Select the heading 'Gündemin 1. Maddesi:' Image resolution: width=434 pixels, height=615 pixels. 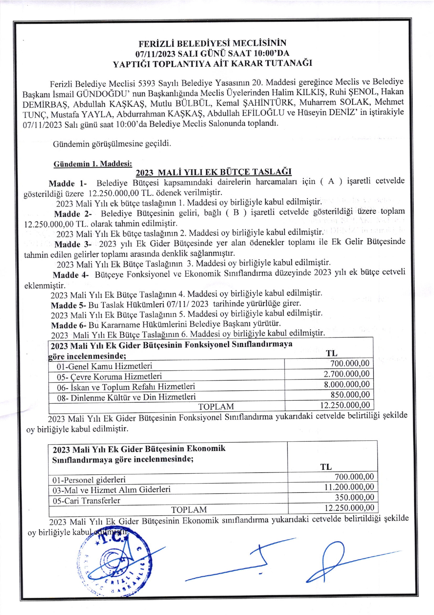coord(93,164)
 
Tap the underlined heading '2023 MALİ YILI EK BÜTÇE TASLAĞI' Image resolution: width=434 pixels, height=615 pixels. coord(214,172)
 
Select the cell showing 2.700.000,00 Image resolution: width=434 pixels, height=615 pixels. coord(346,374)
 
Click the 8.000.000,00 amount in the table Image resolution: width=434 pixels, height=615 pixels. coord(347,384)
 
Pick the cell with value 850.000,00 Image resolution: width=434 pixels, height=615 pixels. coord(350,395)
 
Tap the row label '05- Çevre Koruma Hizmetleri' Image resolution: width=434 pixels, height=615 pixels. coord(109,377)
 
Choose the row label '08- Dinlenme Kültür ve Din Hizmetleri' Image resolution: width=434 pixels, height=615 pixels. coord(126,397)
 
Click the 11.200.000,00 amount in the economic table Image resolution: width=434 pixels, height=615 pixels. coord(349,487)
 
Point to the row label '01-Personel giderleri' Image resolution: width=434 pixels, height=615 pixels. coord(89,480)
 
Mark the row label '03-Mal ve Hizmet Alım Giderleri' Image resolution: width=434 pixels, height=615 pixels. coord(111,490)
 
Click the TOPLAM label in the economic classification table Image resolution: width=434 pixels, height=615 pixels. coord(189,510)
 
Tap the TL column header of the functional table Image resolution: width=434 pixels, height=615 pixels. coord(332,353)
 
